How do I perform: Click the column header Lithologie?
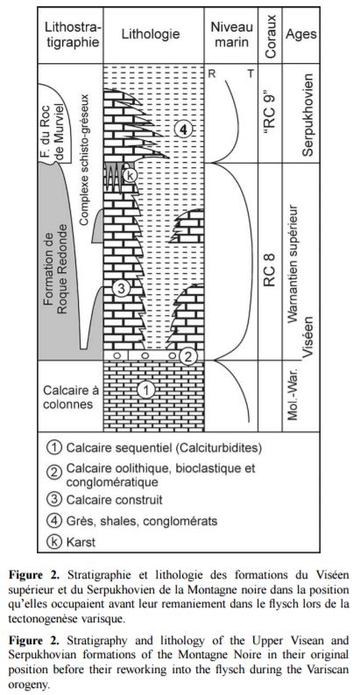pyautogui.click(x=151, y=34)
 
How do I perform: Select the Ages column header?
pyautogui.click(x=300, y=34)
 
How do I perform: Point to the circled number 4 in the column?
pyautogui.click(x=183, y=130)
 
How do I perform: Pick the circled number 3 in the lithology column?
pyautogui.click(x=121, y=290)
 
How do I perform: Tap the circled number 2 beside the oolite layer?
pyautogui.click(x=188, y=357)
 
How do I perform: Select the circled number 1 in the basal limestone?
pyautogui.click(x=146, y=390)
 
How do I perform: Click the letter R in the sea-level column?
pyautogui.click(x=212, y=74)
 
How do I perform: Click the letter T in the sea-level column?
pyautogui.click(x=251, y=74)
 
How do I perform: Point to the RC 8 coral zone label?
pyautogui.click(x=271, y=270)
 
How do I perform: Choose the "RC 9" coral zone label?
pyautogui.click(x=271, y=109)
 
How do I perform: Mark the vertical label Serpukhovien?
pyautogui.click(x=307, y=115)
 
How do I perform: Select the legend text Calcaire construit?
pyautogui.click(x=115, y=500)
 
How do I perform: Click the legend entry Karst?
pyautogui.click(x=81, y=542)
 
